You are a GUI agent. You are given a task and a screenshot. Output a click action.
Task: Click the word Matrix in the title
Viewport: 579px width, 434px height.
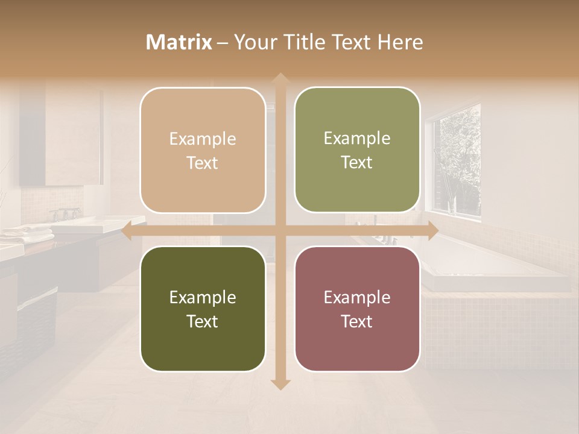pos(179,42)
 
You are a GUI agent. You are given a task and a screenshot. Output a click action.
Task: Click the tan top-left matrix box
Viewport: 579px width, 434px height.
pos(203,150)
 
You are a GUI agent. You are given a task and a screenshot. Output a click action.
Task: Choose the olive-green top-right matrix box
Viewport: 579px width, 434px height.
pos(357,150)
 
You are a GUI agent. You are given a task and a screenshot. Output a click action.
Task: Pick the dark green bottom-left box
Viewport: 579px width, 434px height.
pos(203,309)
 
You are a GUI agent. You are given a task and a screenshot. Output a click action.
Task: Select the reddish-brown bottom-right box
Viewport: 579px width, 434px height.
pos(357,309)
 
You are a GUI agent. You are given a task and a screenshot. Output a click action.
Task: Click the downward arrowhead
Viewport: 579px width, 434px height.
pos(279,385)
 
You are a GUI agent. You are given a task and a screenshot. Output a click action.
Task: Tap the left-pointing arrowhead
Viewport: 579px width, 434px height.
pos(127,231)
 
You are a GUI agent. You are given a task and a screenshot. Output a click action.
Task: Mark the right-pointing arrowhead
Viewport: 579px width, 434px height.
pos(432,231)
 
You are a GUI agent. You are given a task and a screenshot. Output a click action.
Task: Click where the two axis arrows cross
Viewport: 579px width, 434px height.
pos(279,231)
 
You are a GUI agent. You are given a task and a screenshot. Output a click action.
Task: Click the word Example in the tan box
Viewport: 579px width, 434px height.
pos(203,139)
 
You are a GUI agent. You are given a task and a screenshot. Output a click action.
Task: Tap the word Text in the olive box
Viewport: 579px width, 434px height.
pos(357,163)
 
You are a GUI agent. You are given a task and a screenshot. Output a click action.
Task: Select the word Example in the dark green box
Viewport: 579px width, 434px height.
pos(203,298)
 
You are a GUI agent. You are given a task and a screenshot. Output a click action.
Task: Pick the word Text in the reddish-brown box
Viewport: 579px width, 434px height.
pos(357,322)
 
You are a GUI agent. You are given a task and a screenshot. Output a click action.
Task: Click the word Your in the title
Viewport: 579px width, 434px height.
pos(253,42)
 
